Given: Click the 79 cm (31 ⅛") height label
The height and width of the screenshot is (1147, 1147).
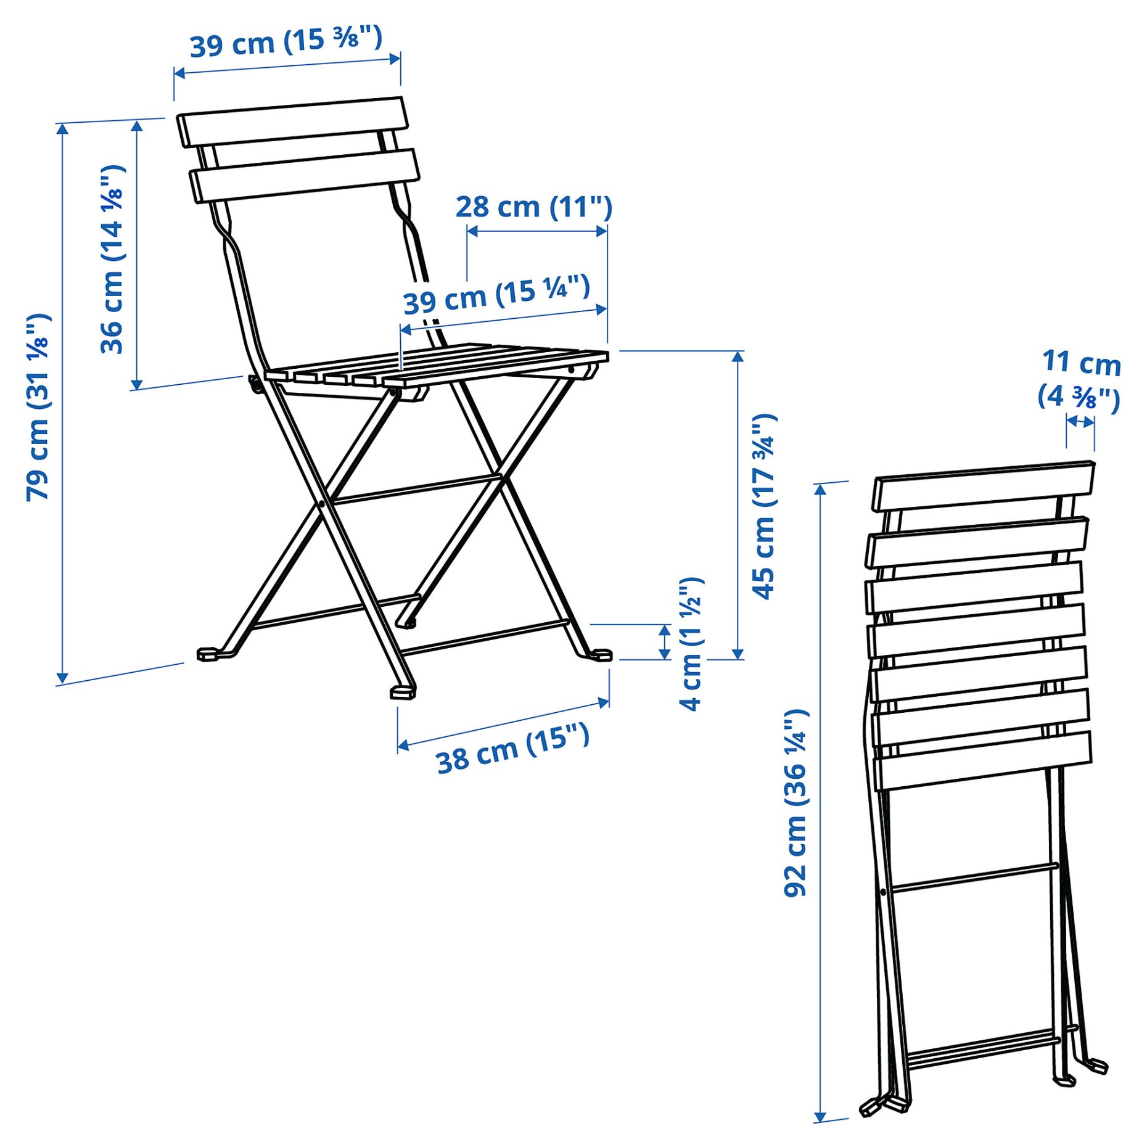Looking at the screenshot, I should tap(38, 407).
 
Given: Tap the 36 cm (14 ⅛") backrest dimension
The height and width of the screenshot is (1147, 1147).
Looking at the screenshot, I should tap(113, 259).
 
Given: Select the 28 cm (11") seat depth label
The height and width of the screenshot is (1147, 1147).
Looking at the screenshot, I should tap(534, 207).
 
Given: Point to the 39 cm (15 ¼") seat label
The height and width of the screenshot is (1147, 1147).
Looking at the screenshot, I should tap(496, 295).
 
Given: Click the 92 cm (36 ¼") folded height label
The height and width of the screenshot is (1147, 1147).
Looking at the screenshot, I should tap(795, 802).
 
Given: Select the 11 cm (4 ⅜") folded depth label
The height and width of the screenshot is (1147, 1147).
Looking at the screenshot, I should tap(1080, 379).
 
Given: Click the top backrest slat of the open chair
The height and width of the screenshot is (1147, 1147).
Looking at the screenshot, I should tap(292, 121).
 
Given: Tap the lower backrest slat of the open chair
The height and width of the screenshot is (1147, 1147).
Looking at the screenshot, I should tap(305, 175).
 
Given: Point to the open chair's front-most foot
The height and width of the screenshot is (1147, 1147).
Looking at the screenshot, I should tap(403, 693).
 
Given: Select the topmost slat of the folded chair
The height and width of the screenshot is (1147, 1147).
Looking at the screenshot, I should tap(984, 486).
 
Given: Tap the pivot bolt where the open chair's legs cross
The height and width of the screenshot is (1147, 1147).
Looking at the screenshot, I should tap(321, 504).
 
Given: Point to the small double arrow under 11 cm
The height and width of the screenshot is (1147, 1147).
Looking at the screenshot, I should tap(1080, 422).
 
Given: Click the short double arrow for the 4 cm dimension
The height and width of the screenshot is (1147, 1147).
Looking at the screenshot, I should tap(665, 642).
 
